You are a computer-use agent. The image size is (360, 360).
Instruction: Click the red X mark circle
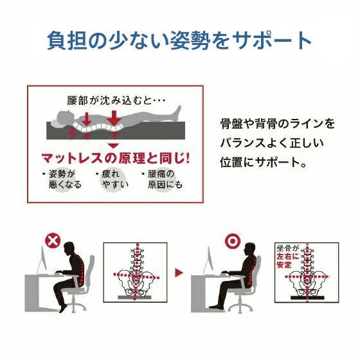[x=53, y=240]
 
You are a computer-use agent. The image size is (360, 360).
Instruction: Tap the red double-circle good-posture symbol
[x=233, y=241]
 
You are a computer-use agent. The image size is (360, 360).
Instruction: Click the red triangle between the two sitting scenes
[x=179, y=273]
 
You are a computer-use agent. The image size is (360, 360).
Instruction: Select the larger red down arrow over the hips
[x=113, y=118]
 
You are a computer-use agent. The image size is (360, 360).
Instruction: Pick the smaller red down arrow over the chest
[x=87, y=119]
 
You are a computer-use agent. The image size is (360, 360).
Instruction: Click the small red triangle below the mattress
[x=113, y=146]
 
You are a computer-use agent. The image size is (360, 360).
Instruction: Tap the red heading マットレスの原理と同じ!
[x=116, y=158]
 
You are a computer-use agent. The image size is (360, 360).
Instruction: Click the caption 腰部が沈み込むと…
[x=116, y=100]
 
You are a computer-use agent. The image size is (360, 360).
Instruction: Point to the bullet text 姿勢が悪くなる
[x=65, y=179]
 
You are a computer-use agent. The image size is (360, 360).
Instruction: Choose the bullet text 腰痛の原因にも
[x=165, y=179]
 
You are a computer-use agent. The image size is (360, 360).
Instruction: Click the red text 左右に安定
[x=288, y=260]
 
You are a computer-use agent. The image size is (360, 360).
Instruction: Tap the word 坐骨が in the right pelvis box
[x=287, y=248]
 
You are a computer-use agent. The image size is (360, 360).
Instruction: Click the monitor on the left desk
[x=42, y=260]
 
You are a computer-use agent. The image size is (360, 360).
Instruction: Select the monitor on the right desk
[x=208, y=260]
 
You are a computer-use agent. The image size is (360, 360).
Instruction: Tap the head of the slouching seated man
[x=69, y=250]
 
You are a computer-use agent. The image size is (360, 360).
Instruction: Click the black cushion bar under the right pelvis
[x=307, y=298]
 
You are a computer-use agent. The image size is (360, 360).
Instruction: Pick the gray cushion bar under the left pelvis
[x=134, y=297]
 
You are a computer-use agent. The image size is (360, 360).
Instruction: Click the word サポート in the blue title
[x=271, y=40]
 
